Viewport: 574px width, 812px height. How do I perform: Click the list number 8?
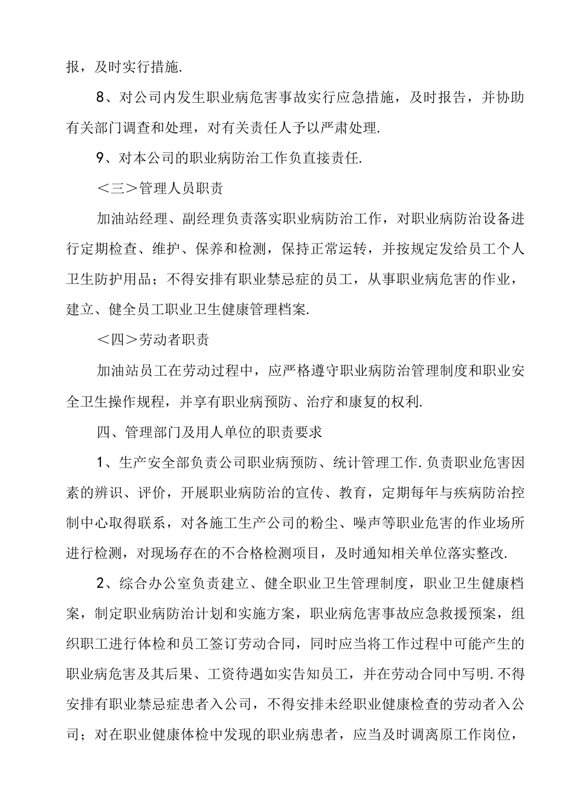pos(101,98)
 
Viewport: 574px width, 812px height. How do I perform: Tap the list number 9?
pos(101,159)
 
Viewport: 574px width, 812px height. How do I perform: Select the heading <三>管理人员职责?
pos(160,189)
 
